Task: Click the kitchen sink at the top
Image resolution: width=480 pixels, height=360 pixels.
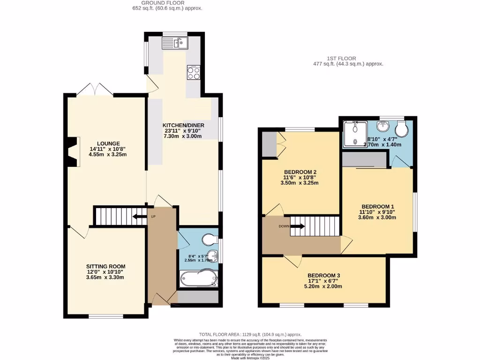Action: [174, 44]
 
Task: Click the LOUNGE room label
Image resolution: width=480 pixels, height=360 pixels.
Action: [108, 143]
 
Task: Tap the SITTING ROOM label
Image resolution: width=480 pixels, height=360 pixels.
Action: [105, 266]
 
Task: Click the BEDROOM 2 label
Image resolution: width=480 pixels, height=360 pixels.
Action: [300, 172]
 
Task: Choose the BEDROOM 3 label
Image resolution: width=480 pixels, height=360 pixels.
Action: [324, 276]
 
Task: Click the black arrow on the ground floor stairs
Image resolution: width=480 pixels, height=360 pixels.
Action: [139, 217]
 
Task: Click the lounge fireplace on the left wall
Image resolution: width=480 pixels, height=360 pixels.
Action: [72, 151]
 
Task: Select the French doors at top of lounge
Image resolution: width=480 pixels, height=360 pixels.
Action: [95, 90]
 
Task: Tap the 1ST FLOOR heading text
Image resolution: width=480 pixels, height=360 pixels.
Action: [348, 58]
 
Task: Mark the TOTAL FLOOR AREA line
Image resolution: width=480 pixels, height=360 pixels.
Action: [250, 334]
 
